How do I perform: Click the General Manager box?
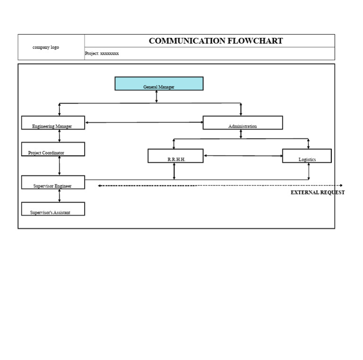[x=159, y=84]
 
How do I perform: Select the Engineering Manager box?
[x=53, y=123]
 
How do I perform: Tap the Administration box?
[x=242, y=123]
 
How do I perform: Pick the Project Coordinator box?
[x=53, y=149]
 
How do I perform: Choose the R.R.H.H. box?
[x=175, y=156]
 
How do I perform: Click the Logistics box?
[x=307, y=156]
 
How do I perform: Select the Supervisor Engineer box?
[x=53, y=183]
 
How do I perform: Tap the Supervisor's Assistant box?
[x=53, y=209]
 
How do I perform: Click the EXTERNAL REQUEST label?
[x=318, y=193]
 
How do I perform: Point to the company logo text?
[x=46, y=47]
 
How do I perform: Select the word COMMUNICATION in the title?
[x=187, y=41]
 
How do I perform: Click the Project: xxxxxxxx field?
[x=102, y=53]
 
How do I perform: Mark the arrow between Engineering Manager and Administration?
[x=144, y=123]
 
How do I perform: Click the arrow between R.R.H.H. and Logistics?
[x=243, y=156]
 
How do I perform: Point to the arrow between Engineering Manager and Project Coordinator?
[x=60, y=136]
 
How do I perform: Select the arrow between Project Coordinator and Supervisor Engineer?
[x=60, y=166]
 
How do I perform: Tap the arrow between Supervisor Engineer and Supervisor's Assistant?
[x=60, y=196]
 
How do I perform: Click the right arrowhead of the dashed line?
[x=340, y=185]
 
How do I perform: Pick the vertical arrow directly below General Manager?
[x=156, y=97]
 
